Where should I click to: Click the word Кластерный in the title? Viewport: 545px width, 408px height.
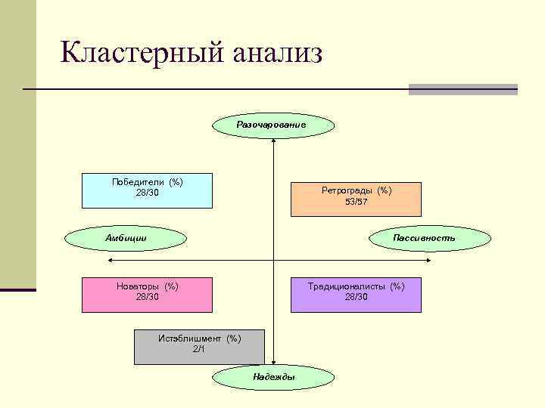141,54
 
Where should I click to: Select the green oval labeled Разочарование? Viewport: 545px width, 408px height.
271,124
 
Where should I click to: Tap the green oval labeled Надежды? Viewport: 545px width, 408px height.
273,377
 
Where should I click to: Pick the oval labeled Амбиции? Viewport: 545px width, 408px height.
126,238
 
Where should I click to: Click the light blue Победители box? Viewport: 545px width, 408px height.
147,190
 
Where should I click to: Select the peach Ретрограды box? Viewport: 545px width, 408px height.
356,199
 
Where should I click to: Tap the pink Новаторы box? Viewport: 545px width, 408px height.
147,295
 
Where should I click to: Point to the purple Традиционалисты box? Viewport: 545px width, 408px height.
356,295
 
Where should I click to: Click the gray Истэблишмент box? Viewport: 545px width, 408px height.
199,347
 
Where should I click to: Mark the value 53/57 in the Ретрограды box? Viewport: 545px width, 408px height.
356,202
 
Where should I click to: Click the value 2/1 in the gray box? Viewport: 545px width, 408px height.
199,349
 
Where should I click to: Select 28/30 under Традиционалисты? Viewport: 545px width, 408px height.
356,297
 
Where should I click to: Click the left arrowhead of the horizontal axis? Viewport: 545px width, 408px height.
111,261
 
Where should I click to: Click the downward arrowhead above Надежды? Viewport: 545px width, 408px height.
273,363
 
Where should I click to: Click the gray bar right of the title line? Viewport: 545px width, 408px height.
462,89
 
